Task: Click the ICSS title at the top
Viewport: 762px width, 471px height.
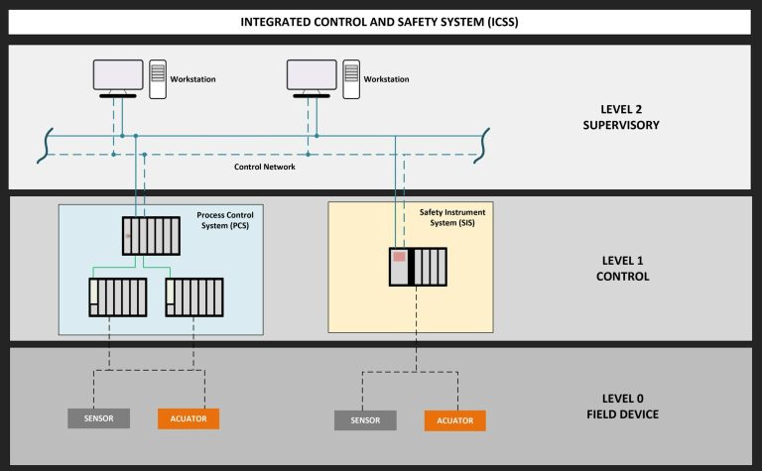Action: coord(380,22)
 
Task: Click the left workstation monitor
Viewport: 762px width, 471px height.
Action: coord(117,76)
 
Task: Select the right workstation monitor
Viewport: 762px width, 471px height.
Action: coord(311,76)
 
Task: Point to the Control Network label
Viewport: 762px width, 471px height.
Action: coord(264,167)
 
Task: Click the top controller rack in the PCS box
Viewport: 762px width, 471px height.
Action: coord(151,235)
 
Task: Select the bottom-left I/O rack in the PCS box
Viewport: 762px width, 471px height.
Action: coord(117,296)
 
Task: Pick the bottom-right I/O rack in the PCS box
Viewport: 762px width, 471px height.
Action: coord(194,296)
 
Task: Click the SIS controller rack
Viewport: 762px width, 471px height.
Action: coord(417,267)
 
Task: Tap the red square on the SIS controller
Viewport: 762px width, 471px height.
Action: coord(399,257)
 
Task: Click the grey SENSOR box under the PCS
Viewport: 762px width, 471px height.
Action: coord(98,418)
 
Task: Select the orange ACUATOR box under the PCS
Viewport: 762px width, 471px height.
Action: coord(188,418)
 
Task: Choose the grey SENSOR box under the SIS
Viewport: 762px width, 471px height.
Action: coord(365,420)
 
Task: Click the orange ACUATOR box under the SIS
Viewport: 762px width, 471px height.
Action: coord(455,420)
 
